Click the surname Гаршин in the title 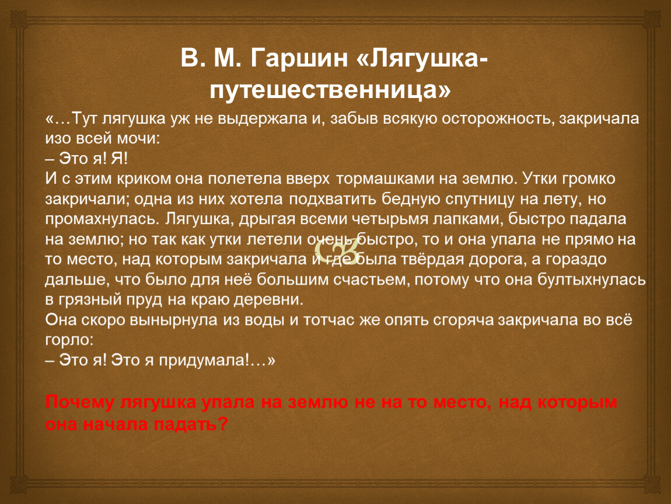point(299,58)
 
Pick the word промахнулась point(102,219)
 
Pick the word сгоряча point(463,320)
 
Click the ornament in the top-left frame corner point(18,19)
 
